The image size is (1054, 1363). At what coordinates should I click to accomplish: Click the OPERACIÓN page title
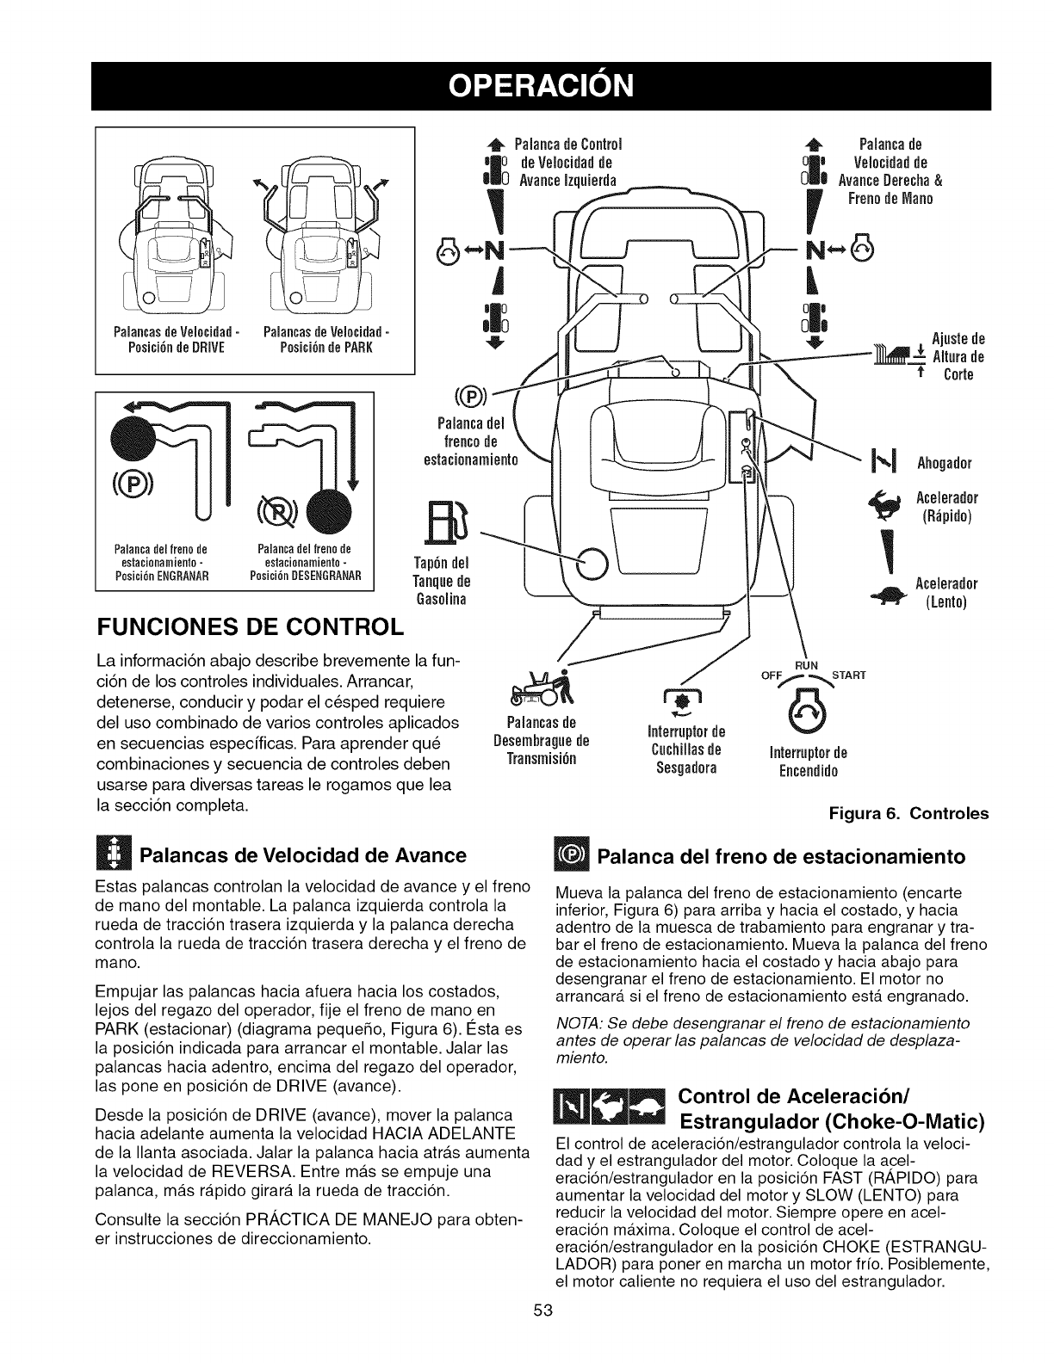[526, 85]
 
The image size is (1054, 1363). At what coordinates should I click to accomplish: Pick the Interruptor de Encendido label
[802, 763]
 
